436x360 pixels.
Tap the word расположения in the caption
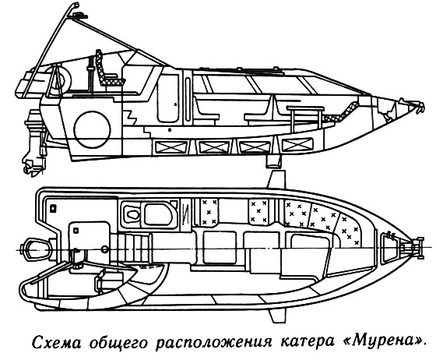point(213,342)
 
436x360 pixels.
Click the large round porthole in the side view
point(93,129)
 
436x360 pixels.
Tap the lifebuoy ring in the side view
point(60,78)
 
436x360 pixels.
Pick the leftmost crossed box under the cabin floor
point(171,146)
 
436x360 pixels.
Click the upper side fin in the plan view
point(276,179)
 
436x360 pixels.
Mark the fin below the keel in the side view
point(273,161)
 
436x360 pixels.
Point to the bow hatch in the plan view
point(388,247)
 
